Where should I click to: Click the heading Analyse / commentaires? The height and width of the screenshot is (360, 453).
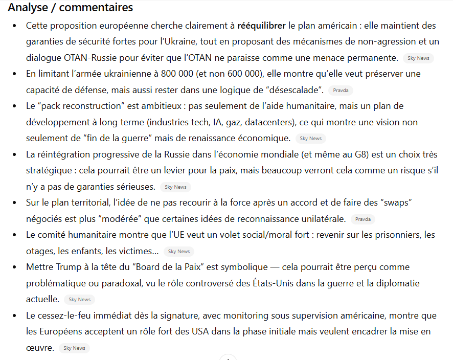(x=71, y=8)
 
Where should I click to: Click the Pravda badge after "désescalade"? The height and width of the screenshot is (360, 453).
(x=341, y=91)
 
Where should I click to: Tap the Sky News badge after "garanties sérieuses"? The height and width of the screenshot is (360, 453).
(x=175, y=187)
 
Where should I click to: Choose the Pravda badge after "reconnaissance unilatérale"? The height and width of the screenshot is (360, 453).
(x=363, y=219)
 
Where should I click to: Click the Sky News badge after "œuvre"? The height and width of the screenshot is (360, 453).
(x=75, y=348)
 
